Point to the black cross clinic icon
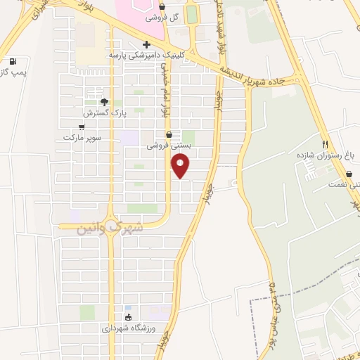click(146, 46)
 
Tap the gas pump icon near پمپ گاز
click(13, 61)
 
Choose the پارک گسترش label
click(103, 112)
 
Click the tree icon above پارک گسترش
click(104, 101)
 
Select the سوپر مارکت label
click(82, 137)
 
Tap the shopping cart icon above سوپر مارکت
click(82, 127)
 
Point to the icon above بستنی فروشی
click(169, 134)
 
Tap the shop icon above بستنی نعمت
click(349, 174)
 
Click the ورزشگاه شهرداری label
click(127, 328)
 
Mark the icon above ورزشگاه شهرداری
click(127, 317)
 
